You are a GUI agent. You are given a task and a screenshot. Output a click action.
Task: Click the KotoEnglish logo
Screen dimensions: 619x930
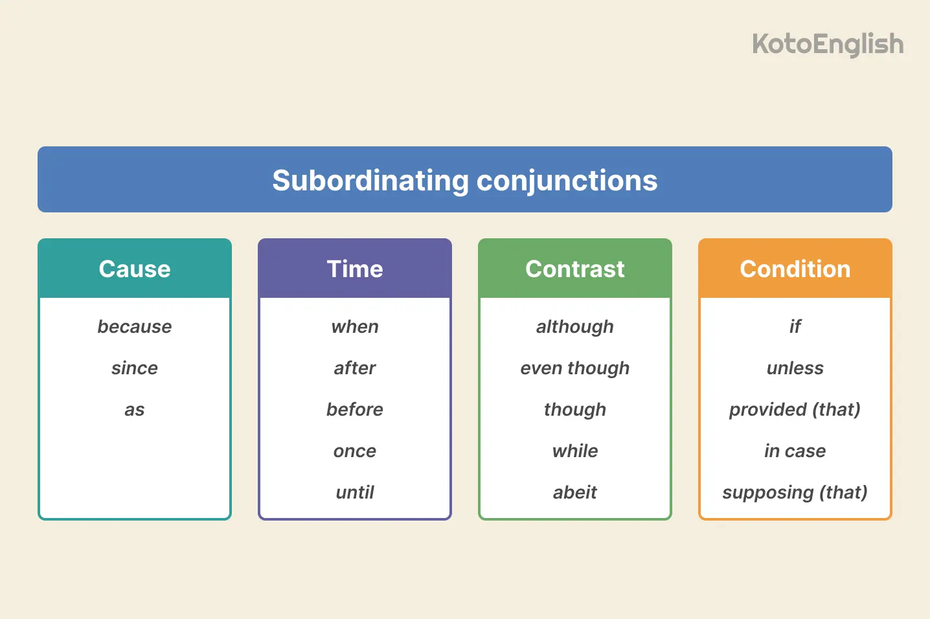(828, 45)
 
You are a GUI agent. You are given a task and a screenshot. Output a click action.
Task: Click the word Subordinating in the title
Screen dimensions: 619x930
(370, 181)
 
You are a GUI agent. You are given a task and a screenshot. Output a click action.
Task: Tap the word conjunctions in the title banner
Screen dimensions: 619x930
(567, 181)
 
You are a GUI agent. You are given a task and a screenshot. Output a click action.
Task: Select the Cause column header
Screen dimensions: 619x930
(135, 269)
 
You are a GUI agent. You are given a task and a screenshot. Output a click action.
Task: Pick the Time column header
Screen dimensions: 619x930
(355, 269)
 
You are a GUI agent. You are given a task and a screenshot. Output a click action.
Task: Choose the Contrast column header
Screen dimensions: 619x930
(575, 269)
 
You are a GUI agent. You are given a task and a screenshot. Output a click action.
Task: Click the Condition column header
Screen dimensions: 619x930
(795, 269)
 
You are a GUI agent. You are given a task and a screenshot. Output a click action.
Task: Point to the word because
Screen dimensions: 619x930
(135, 326)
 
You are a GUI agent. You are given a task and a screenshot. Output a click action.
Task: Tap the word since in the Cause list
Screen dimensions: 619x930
(135, 368)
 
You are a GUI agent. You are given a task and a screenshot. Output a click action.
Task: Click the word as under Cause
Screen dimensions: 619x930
(135, 410)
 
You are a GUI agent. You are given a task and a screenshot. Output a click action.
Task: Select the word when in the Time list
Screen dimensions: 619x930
(355, 326)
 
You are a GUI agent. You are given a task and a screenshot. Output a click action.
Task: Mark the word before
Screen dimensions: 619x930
(355, 409)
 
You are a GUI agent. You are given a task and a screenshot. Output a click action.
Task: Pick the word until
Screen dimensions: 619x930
(355, 492)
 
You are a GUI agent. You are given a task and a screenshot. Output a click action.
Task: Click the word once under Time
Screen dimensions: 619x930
(355, 451)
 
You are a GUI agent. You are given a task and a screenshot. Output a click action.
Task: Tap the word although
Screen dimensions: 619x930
(575, 327)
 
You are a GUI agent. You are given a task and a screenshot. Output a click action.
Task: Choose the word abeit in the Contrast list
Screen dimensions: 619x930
(575, 492)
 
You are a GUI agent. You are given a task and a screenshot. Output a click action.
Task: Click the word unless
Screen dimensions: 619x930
(795, 368)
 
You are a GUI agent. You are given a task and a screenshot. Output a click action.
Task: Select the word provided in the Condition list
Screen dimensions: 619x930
(767, 410)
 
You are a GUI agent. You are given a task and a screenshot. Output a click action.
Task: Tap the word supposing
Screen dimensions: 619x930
(767, 493)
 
